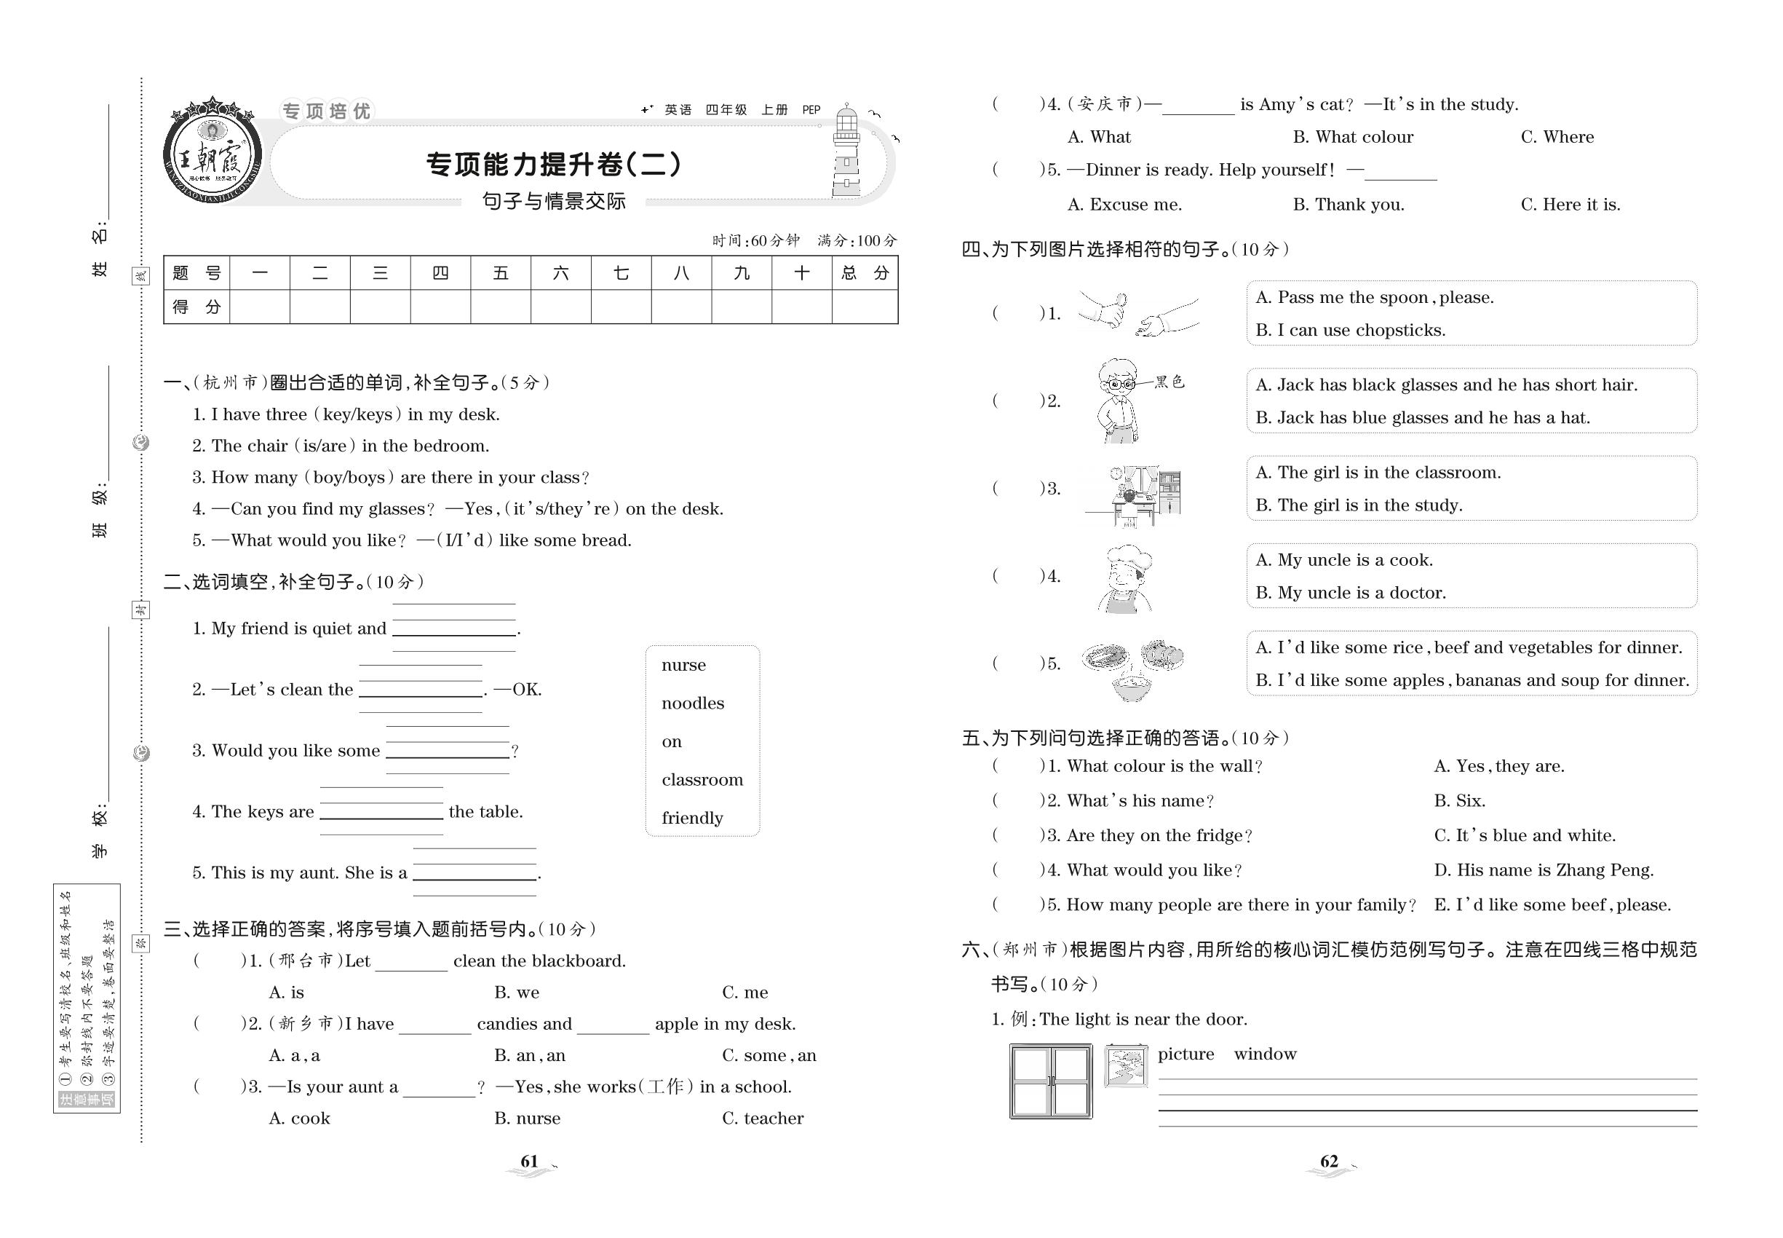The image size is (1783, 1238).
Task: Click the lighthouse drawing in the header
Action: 846,152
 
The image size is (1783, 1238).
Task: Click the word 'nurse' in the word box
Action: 683,665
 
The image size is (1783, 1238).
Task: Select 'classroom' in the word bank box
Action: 702,779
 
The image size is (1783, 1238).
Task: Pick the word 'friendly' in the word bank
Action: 691,818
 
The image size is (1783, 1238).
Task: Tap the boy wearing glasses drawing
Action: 1118,401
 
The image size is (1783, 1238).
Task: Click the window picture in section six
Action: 1049,1081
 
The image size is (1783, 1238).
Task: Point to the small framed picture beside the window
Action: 1125,1066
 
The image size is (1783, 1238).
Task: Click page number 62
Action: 1329,1162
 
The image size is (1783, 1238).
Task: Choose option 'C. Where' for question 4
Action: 1557,138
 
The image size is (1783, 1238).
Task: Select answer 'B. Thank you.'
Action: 1348,205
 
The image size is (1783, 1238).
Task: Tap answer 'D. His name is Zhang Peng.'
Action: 1543,870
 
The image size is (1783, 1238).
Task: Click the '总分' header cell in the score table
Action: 865,273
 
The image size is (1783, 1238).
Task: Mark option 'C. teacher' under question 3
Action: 762,1119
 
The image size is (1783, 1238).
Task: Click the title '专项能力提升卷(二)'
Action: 555,165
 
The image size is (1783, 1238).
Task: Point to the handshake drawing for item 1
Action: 1137,313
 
